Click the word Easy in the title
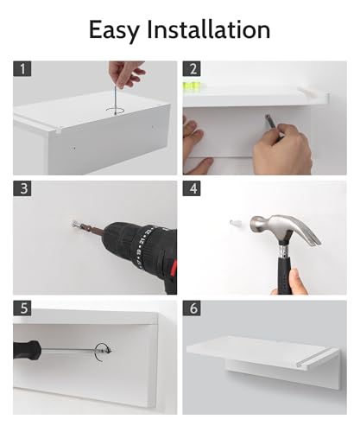click(115, 30)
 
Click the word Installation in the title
click(209, 29)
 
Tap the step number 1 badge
click(22, 69)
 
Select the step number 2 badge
click(192, 69)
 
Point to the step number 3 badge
click(22, 188)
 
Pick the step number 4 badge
click(192, 188)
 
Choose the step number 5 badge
click(22, 308)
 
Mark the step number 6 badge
click(192, 308)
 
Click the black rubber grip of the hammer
click(285, 274)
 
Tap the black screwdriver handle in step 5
click(26, 350)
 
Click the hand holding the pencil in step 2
click(282, 149)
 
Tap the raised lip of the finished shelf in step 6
click(317, 359)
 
